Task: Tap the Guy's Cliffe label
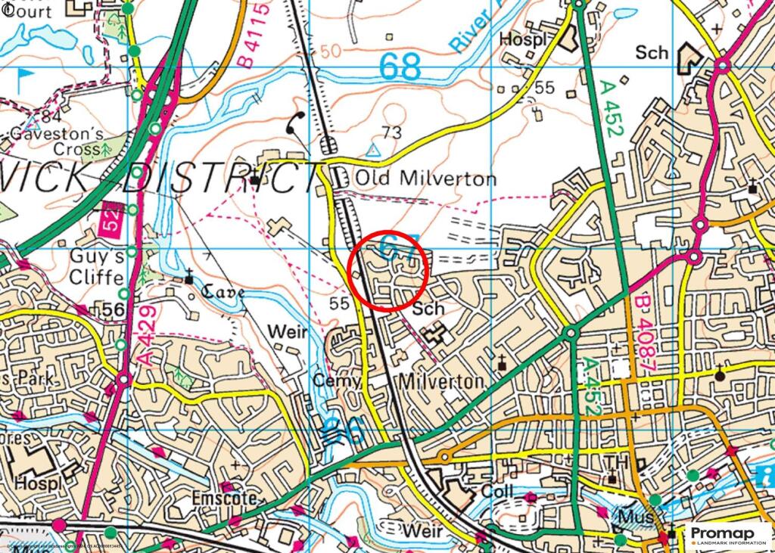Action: [x=96, y=266]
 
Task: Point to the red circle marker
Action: [x=389, y=269]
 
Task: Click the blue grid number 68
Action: [x=400, y=67]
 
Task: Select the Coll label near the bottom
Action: [x=496, y=492]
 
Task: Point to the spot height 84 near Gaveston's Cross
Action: [x=51, y=117]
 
